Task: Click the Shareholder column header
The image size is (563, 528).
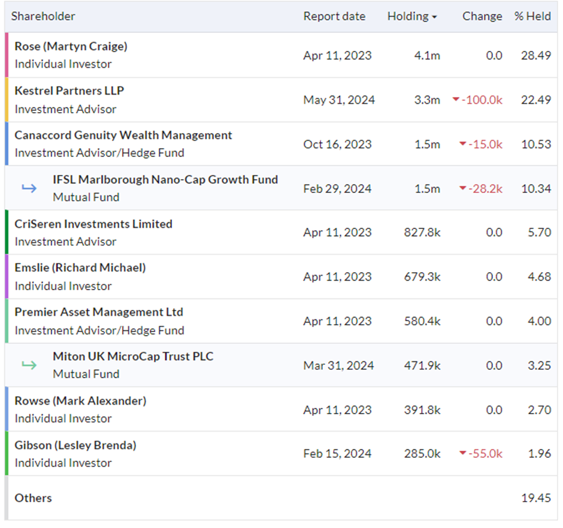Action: [x=43, y=16]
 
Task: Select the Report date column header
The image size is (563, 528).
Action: [x=334, y=16]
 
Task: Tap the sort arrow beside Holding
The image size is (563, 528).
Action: [x=434, y=17]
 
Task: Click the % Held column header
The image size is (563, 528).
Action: [x=532, y=16]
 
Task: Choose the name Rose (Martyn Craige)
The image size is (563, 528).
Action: [x=71, y=46]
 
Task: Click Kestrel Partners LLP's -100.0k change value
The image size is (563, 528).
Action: [x=482, y=100]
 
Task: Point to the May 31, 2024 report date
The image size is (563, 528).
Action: [x=339, y=100]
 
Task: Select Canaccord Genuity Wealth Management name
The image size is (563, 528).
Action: [x=123, y=135]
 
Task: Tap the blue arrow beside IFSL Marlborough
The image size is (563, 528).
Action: [x=29, y=188]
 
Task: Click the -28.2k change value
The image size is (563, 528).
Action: [x=485, y=189]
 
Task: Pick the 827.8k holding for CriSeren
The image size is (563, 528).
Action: [x=422, y=233]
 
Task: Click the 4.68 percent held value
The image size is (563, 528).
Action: [x=539, y=276]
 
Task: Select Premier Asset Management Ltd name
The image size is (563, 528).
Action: [x=99, y=312]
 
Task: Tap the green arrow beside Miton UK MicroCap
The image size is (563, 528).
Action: [x=29, y=365]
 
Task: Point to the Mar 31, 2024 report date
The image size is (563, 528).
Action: [x=338, y=366]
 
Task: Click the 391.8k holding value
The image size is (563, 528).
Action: [x=422, y=410]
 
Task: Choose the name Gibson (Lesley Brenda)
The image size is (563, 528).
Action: [x=75, y=445]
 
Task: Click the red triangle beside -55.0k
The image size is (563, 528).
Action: [x=463, y=453]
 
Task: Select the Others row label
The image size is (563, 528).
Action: [x=33, y=498]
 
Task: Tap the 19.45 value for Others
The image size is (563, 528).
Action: [x=536, y=498]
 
